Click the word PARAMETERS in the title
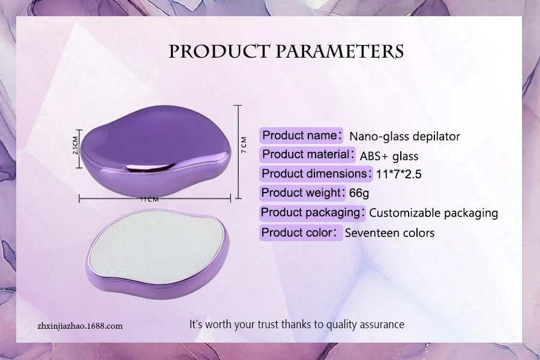340,52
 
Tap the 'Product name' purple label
302,135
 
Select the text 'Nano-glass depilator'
404,136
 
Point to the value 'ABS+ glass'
389,156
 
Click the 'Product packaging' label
312,212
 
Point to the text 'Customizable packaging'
433,213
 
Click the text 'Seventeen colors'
389,233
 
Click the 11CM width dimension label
149,199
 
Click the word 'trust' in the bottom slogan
283,325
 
